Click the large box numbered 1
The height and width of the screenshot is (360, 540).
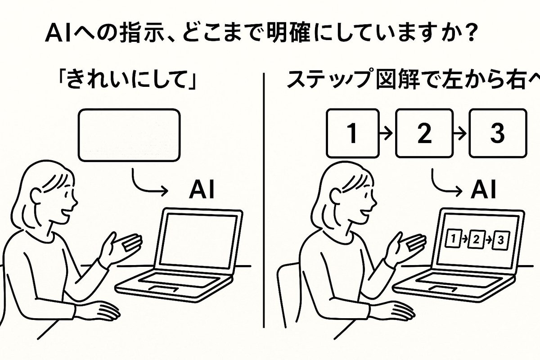(x=353, y=133)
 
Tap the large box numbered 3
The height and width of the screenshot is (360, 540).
(x=498, y=133)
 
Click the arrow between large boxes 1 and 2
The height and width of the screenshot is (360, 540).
(x=386, y=133)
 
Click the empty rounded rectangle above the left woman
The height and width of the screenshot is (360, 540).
(x=130, y=135)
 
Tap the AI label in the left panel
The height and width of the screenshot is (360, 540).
(x=202, y=190)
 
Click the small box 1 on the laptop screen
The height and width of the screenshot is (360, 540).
(x=453, y=238)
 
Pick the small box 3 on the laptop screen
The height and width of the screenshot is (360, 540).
(x=501, y=240)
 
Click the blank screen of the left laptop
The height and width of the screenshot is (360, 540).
(x=198, y=241)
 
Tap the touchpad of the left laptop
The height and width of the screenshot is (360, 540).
(x=164, y=288)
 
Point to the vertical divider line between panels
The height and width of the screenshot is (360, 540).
(x=264, y=201)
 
